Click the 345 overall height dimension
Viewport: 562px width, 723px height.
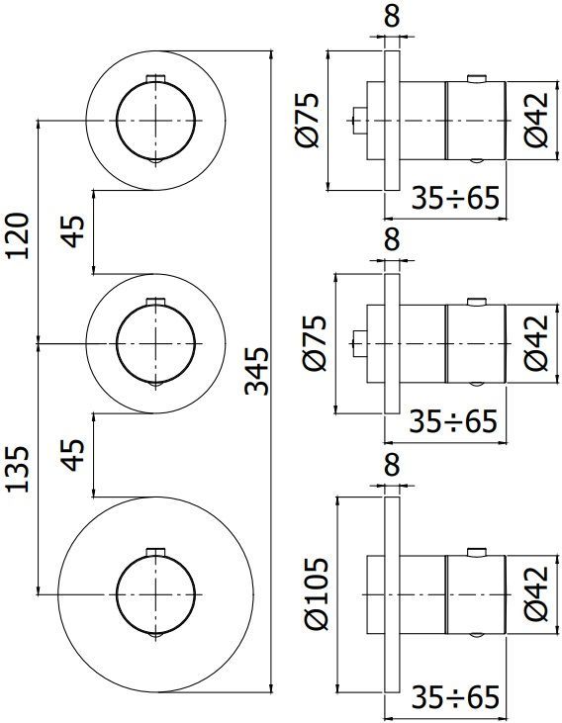(x=256, y=370)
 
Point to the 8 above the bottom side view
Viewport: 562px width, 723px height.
(x=392, y=463)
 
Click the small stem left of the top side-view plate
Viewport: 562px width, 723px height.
(x=361, y=120)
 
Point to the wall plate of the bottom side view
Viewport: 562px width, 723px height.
(x=392, y=593)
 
